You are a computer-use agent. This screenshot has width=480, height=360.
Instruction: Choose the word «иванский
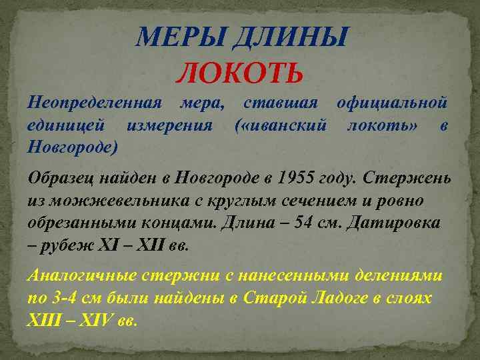tap(280, 125)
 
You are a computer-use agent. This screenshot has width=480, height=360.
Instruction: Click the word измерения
tap(171, 125)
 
